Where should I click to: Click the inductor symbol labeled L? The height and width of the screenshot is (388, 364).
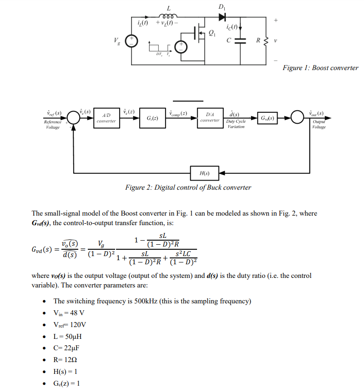(x=168, y=15)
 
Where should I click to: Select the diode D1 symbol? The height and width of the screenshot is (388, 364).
(x=222, y=17)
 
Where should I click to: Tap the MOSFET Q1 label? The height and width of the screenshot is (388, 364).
(x=212, y=32)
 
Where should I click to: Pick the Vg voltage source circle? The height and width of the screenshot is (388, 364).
(x=131, y=41)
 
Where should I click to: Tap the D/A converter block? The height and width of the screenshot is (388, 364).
(x=210, y=118)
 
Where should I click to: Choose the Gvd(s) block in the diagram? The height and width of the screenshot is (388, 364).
(x=268, y=118)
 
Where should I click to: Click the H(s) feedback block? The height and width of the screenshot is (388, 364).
(x=205, y=173)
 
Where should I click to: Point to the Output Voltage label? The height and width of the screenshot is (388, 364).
(x=319, y=124)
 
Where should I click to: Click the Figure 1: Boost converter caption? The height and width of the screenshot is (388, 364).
(x=320, y=68)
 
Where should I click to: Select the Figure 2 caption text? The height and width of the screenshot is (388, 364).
(x=188, y=187)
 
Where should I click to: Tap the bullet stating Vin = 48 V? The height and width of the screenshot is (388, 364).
(x=69, y=313)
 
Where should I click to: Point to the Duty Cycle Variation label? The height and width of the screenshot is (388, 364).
(x=235, y=124)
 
